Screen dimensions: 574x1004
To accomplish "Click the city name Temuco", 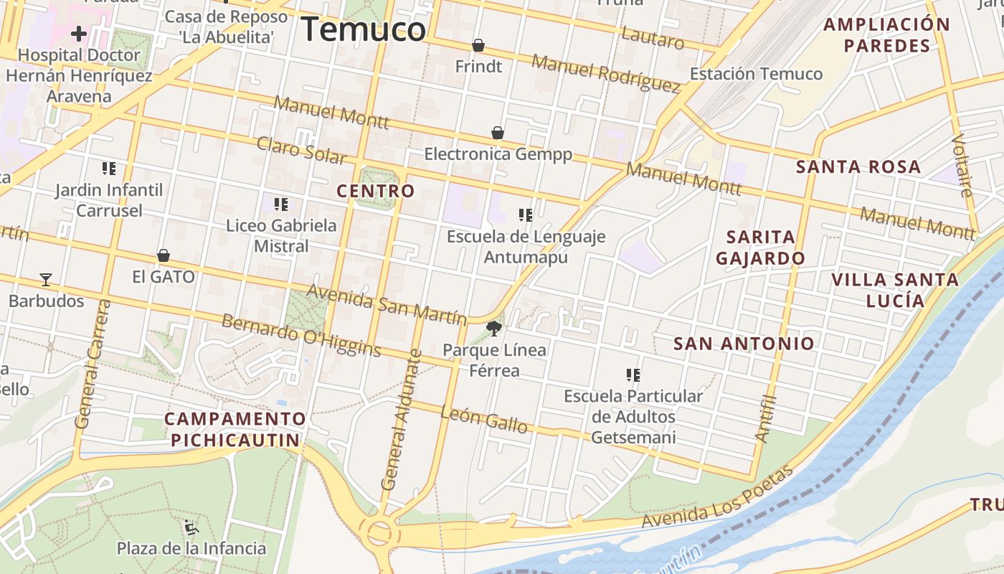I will pyautogui.click(x=363, y=29).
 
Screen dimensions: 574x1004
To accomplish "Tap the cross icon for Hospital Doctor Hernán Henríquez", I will pyautogui.click(x=79, y=34).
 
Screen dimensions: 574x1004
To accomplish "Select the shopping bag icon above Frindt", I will pyautogui.click(x=478, y=46).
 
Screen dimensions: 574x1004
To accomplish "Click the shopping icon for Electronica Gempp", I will pyautogui.click(x=498, y=133).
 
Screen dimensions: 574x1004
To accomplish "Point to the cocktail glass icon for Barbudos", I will pyautogui.click(x=46, y=279).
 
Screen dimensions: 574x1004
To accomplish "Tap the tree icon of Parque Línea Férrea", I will pyautogui.click(x=493, y=329).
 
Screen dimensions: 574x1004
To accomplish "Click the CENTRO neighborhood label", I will pyautogui.click(x=376, y=191).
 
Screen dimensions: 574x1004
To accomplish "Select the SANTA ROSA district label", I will pyautogui.click(x=858, y=167).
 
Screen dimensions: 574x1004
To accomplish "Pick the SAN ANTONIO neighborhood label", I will pyautogui.click(x=744, y=344).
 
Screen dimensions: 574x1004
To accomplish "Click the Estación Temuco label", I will pyautogui.click(x=756, y=74).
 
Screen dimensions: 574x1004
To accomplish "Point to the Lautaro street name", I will pyautogui.click(x=653, y=38).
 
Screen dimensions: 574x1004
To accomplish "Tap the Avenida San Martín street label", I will pyautogui.click(x=387, y=304).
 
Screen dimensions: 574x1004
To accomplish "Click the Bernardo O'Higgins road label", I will pyautogui.click(x=301, y=335).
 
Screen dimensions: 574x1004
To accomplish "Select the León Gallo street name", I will pyautogui.click(x=484, y=419).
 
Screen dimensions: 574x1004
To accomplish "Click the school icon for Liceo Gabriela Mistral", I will pyautogui.click(x=281, y=204).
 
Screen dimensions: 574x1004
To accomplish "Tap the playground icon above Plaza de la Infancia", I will pyautogui.click(x=191, y=527).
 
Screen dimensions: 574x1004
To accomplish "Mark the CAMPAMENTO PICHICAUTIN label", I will pyautogui.click(x=235, y=429).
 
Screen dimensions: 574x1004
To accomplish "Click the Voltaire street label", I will pyautogui.click(x=963, y=165).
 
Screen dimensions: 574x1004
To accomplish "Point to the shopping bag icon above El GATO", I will pyautogui.click(x=164, y=255).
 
